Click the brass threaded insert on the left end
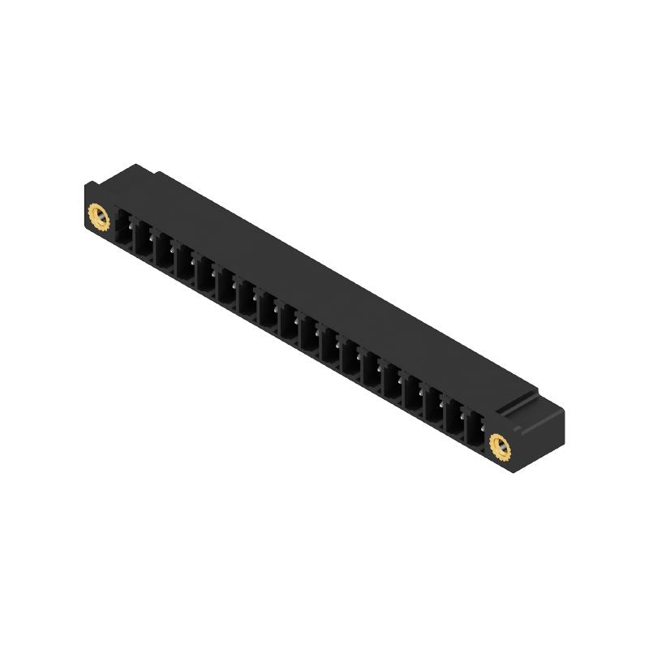pyautogui.click(x=97, y=217)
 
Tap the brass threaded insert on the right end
pyautogui.click(x=500, y=443)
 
